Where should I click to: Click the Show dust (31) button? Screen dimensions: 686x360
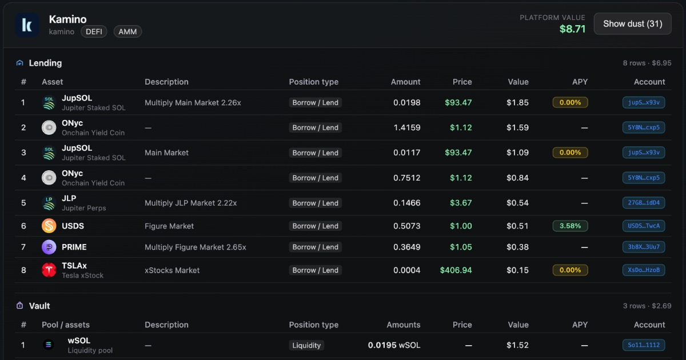click(x=632, y=23)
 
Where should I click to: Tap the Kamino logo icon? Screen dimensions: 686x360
click(x=27, y=25)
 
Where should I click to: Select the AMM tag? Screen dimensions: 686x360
click(x=127, y=31)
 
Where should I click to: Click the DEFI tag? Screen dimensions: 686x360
click(x=94, y=31)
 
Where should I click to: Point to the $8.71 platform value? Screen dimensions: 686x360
click(x=572, y=29)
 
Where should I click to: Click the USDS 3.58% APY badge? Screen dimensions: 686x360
click(x=570, y=226)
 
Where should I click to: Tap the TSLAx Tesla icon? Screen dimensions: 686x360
click(x=49, y=270)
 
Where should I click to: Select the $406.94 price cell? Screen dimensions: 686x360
click(x=456, y=270)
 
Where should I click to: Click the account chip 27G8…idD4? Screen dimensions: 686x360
click(x=644, y=203)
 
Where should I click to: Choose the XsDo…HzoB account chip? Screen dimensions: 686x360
click(x=644, y=270)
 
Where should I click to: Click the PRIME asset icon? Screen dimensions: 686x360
click(x=49, y=247)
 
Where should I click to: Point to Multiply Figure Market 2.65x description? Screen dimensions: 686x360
click(x=195, y=247)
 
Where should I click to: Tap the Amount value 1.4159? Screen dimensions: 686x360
click(x=406, y=127)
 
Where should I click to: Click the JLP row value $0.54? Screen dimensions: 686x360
click(x=517, y=203)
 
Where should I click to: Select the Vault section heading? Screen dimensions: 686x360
click(x=39, y=306)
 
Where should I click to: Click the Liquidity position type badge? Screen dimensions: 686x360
click(x=306, y=345)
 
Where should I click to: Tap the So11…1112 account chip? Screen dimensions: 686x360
click(x=644, y=345)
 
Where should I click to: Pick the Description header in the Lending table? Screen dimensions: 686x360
click(x=166, y=82)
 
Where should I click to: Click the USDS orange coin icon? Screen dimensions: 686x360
click(x=49, y=226)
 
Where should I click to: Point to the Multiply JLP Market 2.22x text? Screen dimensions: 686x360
click(x=190, y=203)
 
